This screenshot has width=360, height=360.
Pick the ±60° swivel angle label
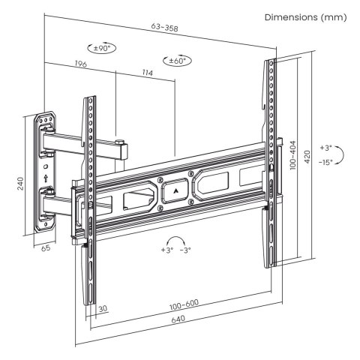point(177,60)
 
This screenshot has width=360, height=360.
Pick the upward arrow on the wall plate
point(47,178)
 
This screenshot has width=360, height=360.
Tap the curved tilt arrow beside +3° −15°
point(341,154)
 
